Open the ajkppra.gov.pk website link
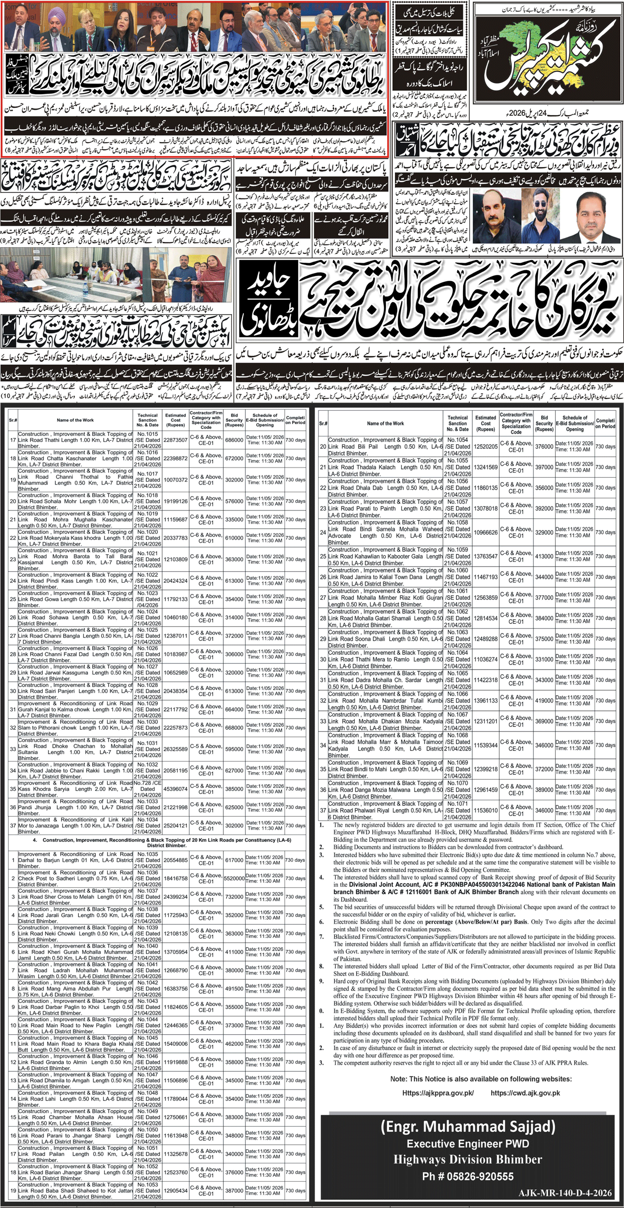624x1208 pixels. tap(438, 1093)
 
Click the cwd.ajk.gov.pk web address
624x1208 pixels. tap(525, 1093)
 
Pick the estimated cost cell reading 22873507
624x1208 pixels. tap(176, 440)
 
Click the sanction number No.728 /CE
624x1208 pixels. tap(148, 782)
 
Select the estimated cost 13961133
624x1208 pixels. tap(485, 700)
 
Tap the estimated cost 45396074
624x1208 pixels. tap(176, 789)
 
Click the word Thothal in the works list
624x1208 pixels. tap(89, 477)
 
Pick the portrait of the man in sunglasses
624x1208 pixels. tap(533, 211)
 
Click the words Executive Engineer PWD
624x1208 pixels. tap(467, 1143)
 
